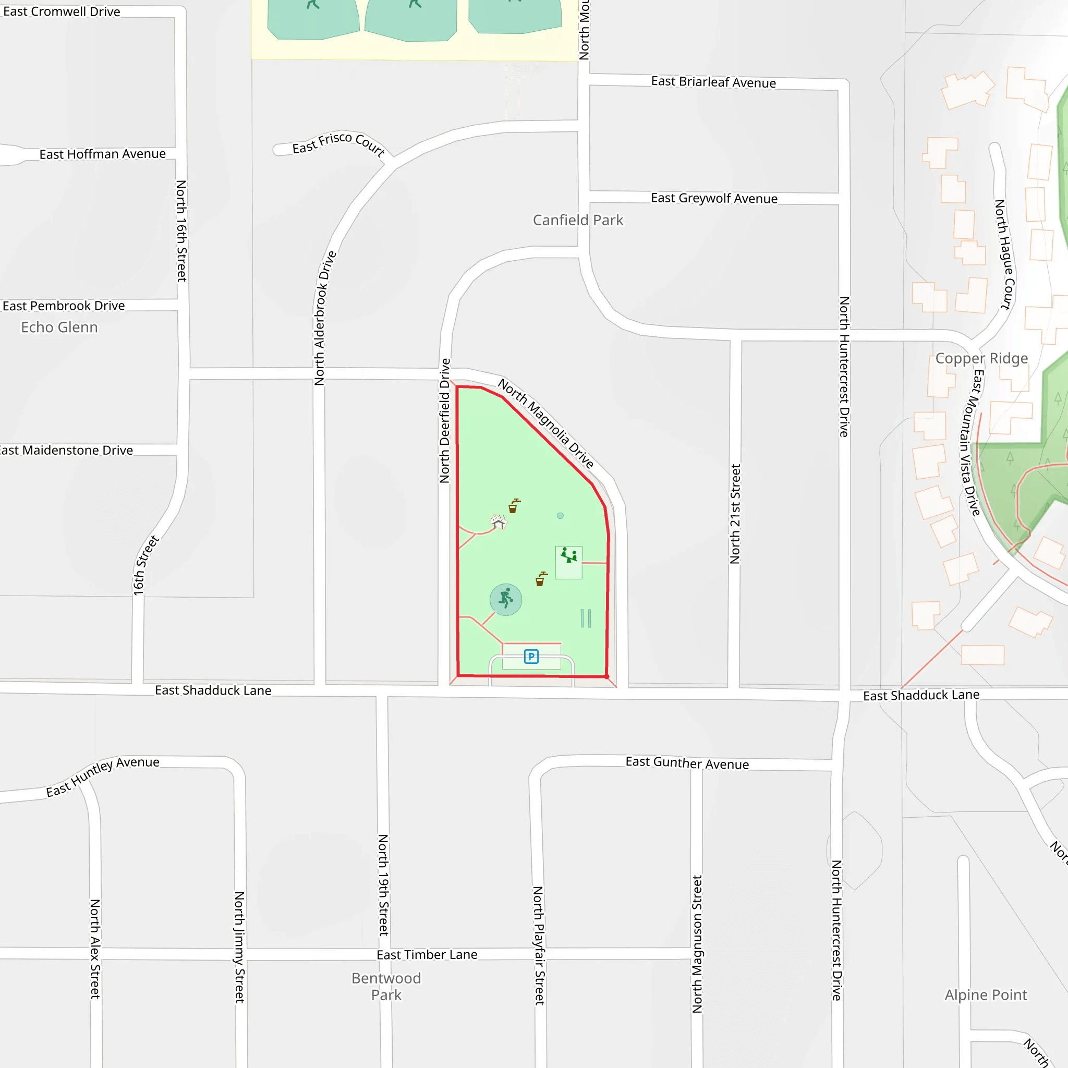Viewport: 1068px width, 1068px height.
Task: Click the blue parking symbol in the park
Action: [531, 656]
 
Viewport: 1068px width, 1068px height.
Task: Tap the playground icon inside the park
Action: [569, 555]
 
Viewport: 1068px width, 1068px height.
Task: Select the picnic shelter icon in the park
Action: [499, 521]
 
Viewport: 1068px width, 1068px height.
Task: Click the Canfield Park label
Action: [578, 220]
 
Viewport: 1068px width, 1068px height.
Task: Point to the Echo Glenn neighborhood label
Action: [59, 327]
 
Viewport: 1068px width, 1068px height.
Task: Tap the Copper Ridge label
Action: [981, 358]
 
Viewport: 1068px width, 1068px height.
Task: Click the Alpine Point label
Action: [986, 995]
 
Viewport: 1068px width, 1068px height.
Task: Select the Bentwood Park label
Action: [386, 987]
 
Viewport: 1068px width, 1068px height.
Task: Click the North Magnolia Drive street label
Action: [545, 423]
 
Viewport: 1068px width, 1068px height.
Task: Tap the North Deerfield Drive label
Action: [445, 421]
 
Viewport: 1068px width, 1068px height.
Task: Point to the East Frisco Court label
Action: [338, 144]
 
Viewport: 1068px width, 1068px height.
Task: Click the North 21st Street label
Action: [735, 514]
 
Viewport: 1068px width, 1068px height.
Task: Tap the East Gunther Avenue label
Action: [687, 763]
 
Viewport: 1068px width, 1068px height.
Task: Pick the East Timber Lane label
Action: [427, 955]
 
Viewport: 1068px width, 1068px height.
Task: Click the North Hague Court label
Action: [1004, 254]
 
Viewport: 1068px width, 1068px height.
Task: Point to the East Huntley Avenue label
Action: [103, 776]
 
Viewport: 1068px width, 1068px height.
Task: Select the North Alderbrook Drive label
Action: [325, 318]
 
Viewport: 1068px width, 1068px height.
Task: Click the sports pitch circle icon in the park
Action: [506, 599]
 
